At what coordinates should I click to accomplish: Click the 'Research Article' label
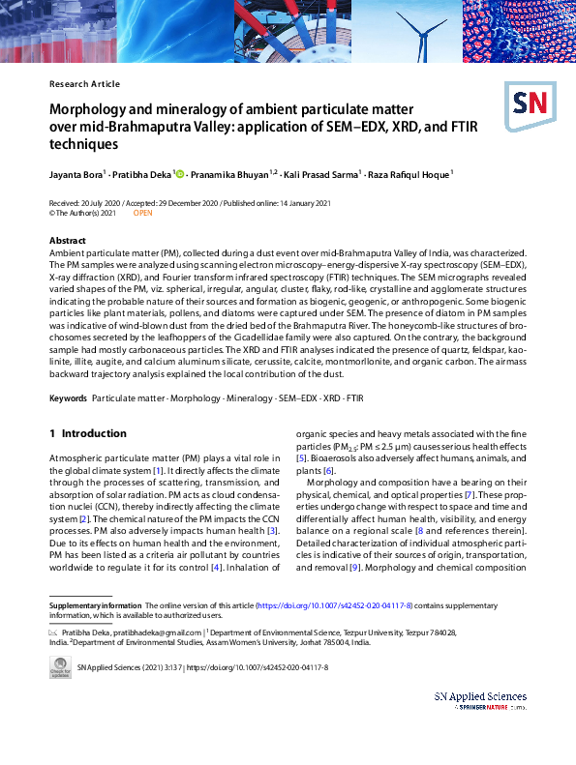84,84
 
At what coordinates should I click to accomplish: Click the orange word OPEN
142,213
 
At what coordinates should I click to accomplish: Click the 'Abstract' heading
68,240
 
